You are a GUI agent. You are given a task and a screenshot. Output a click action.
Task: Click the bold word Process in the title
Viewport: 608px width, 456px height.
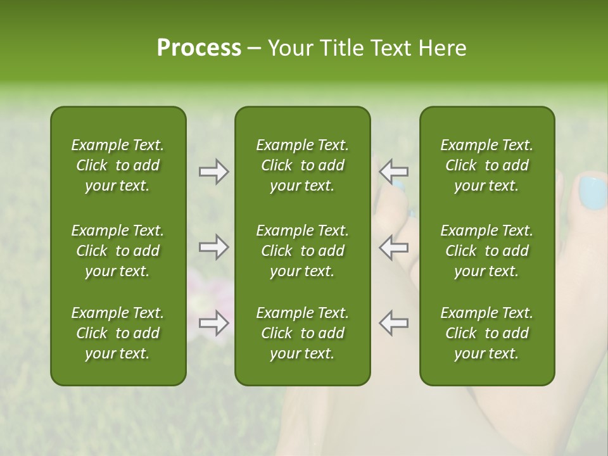point(199,48)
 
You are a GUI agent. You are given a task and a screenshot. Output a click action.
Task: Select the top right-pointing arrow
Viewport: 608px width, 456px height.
point(213,172)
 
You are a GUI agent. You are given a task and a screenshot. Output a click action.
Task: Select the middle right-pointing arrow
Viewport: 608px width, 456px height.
point(213,247)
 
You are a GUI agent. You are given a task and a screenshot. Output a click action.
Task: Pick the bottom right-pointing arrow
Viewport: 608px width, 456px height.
point(213,323)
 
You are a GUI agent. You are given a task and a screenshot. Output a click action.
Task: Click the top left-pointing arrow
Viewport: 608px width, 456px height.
point(393,172)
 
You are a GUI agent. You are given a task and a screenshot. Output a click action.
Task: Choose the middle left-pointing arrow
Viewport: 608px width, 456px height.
point(393,247)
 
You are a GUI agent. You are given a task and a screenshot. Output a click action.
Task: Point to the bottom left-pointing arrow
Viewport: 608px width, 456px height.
point(393,323)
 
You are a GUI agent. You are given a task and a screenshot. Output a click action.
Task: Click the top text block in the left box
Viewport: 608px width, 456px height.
point(118,165)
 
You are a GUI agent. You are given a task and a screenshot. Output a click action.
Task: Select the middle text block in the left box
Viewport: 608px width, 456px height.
point(118,251)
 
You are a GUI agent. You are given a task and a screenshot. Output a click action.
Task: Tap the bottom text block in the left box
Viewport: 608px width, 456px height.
point(118,333)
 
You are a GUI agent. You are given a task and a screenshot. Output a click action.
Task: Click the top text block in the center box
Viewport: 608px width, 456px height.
point(303,165)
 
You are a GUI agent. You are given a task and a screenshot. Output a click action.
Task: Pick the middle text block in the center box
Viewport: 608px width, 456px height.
point(303,251)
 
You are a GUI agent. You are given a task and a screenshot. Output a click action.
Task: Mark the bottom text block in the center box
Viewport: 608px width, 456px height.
point(303,333)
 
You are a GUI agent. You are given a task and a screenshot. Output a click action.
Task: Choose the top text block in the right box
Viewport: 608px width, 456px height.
point(487,165)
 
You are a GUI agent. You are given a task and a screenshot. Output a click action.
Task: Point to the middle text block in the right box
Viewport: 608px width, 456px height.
point(487,251)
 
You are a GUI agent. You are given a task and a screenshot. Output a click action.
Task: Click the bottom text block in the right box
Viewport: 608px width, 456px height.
point(487,333)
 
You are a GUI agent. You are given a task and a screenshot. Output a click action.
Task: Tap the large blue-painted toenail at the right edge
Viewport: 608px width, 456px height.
point(593,193)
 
